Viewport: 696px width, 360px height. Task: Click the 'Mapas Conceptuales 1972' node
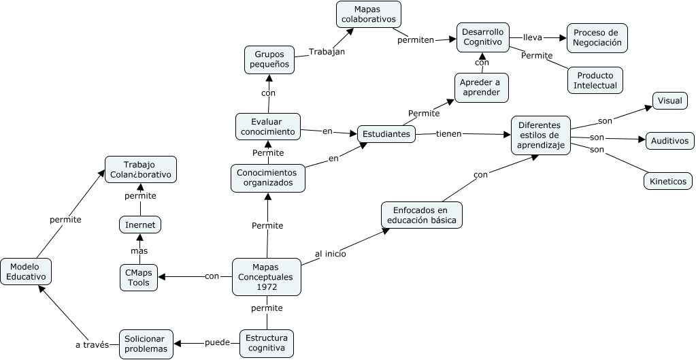point(267,277)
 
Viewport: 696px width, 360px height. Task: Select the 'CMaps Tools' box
point(139,278)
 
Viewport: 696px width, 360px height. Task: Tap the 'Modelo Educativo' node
point(26,272)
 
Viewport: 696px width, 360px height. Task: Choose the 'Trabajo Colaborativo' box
point(141,169)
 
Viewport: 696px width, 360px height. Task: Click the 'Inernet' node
point(140,224)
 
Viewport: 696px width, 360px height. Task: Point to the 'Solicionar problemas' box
point(146,344)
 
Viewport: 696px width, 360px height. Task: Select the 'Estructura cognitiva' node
point(267,344)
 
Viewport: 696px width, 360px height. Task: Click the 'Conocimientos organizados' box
point(267,178)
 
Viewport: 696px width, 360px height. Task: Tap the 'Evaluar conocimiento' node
point(267,126)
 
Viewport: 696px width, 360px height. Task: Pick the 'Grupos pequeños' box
point(269,59)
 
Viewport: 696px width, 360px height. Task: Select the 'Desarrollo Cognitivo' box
point(482,37)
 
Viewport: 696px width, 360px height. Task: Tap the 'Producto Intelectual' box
point(595,80)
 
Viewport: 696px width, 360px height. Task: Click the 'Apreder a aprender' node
point(482,87)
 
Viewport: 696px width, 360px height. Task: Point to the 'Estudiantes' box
point(386,134)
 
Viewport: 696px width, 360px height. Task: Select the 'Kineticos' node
point(668,181)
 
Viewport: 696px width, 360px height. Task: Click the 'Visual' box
point(669,101)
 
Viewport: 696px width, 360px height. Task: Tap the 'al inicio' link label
point(331,254)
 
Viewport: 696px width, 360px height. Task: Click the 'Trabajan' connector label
point(327,52)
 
